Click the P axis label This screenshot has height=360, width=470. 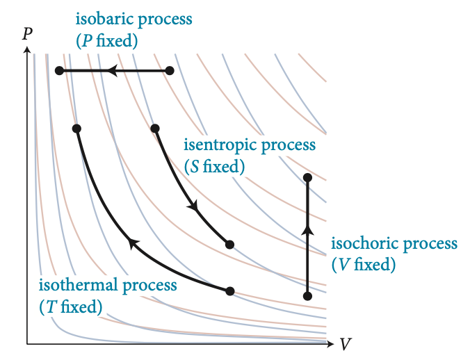point(27,33)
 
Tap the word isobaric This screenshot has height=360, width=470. point(102,19)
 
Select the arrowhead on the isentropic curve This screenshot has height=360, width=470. point(193,207)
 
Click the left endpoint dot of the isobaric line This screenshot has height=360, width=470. point(59,70)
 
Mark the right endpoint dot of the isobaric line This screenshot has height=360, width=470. point(170,70)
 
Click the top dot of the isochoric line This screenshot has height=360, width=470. point(307,177)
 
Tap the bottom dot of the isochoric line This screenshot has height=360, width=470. point(307,296)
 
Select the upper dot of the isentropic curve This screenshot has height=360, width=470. point(155,128)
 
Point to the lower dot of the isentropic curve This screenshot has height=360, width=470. point(229,244)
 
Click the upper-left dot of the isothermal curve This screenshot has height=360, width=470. point(76,128)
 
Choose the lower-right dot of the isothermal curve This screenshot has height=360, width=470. point(230,291)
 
